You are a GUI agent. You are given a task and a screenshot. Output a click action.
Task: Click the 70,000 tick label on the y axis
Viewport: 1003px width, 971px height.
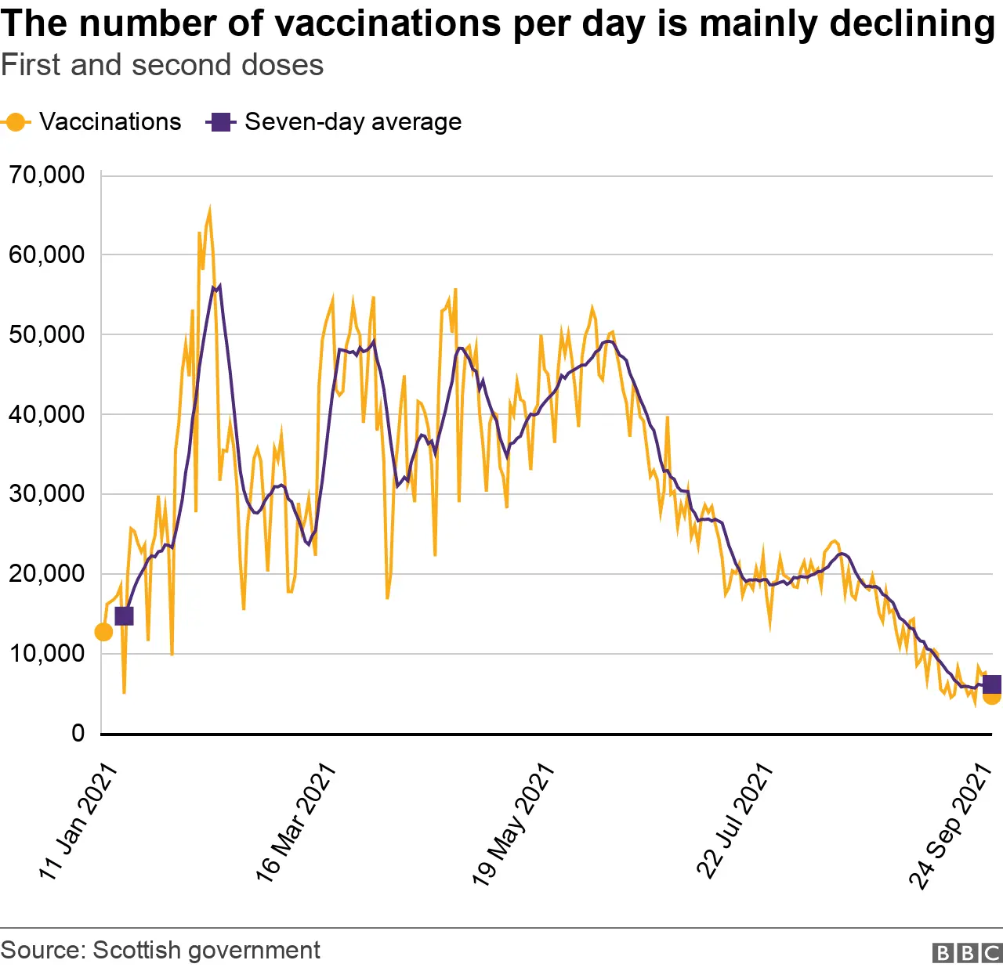(x=47, y=175)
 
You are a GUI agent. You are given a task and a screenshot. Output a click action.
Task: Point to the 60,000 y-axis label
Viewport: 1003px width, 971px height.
(x=47, y=254)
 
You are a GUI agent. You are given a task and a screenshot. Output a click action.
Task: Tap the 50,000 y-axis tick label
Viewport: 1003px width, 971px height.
(x=47, y=334)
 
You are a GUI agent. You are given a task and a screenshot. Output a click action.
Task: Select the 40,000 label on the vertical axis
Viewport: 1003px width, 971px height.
(x=47, y=414)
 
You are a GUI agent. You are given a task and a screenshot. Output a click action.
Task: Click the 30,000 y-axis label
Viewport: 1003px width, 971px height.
(x=47, y=494)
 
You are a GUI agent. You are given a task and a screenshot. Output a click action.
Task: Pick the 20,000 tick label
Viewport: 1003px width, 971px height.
(x=47, y=574)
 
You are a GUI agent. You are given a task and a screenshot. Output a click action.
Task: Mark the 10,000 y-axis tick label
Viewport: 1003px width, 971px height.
(x=47, y=653)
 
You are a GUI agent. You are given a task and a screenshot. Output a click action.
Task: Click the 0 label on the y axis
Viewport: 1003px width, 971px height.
(x=78, y=734)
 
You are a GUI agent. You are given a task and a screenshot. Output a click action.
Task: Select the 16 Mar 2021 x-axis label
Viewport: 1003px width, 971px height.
(x=296, y=821)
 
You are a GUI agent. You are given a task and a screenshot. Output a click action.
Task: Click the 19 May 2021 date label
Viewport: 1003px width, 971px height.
(x=513, y=823)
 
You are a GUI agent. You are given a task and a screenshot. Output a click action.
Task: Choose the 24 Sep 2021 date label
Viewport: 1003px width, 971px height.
(x=950, y=826)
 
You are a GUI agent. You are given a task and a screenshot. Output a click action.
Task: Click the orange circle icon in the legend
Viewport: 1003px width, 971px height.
(x=15, y=122)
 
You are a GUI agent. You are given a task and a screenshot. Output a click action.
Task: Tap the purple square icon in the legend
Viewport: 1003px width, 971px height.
(x=221, y=122)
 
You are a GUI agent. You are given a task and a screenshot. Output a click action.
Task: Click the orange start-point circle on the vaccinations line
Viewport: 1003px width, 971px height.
(x=103, y=632)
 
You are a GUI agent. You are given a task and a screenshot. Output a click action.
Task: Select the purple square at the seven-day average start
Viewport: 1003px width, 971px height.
(x=124, y=616)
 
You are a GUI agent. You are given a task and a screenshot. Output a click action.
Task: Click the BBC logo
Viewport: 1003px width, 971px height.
(x=967, y=952)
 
